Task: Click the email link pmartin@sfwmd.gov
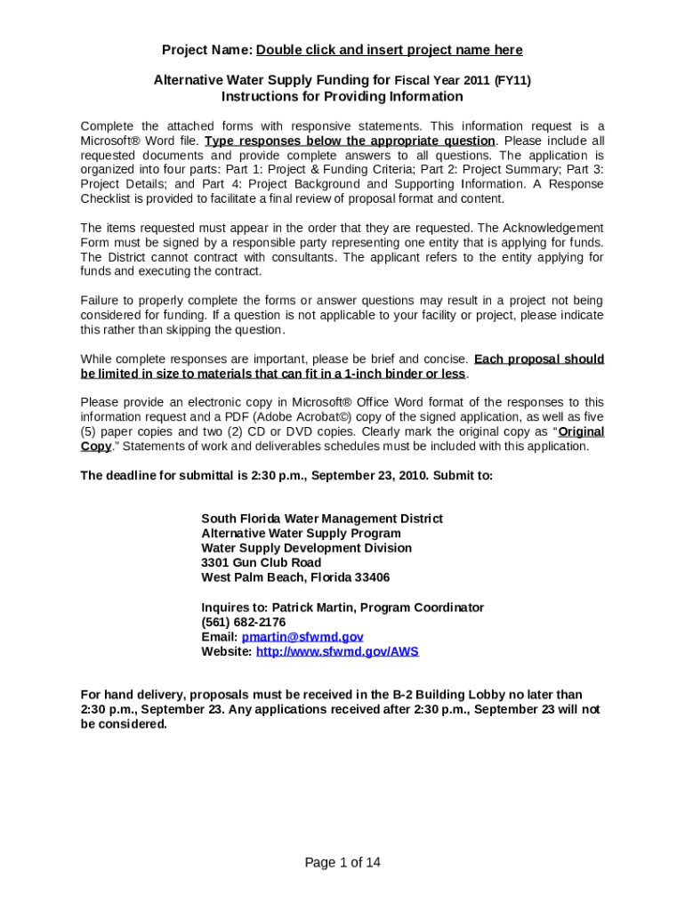[302, 637]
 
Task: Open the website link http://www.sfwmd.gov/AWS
[337, 651]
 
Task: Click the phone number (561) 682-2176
[244, 622]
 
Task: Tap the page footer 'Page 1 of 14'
[342, 862]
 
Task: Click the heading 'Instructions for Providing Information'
[342, 96]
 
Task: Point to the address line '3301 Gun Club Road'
[262, 563]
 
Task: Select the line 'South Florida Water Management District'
[322, 519]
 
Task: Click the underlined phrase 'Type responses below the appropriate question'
[350, 141]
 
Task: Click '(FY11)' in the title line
[512, 80]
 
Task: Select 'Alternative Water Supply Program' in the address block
[301, 534]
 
